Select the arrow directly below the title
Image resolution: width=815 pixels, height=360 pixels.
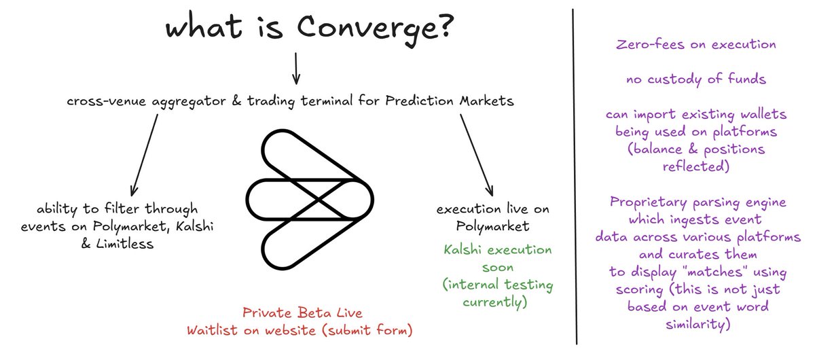pyautogui.click(x=296, y=69)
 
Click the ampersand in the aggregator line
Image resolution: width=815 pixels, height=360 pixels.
pyautogui.click(x=237, y=101)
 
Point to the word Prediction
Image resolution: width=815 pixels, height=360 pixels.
pyautogui.click(x=419, y=101)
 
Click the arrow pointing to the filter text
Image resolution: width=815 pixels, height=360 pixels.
pyautogui.click(x=145, y=155)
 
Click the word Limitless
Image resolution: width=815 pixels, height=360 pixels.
pyautogui.click(x=124, y=244)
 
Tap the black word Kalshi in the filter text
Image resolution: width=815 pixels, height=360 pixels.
pyautogui.click(x=195, y=226)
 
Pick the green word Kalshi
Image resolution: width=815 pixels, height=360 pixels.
pyautogui.click(x=462, y=250)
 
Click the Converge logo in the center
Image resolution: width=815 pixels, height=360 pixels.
pyautogui.click(x=310, y=200)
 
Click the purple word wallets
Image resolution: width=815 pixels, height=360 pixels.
pyautogui.click(x=764, y=114)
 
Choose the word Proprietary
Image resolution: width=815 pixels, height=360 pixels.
pyautogui.click(x=649, y=202)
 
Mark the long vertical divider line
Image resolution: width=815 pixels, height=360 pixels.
pyautogui.click(x=575, y=177)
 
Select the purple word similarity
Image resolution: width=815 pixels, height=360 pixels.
pyautogui.click(x=698, y=324)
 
